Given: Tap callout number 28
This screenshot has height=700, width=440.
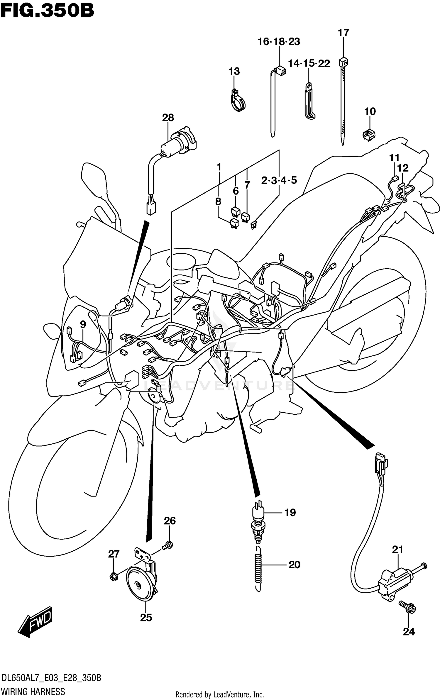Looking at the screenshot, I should click(168, 118).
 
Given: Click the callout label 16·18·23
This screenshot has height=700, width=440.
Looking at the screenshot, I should click(279, 42).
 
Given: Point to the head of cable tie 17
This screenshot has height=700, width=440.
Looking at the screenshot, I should click(343, 62).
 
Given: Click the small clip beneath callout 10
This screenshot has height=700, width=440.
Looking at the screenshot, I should click(369, 135).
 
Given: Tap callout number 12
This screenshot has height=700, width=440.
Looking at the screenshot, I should click(403, 168).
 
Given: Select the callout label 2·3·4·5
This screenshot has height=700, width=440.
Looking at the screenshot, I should click(279, 180).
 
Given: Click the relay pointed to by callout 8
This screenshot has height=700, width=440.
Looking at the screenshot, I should click(234, 223).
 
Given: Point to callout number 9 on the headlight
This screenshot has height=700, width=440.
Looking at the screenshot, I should click(83, 324).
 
